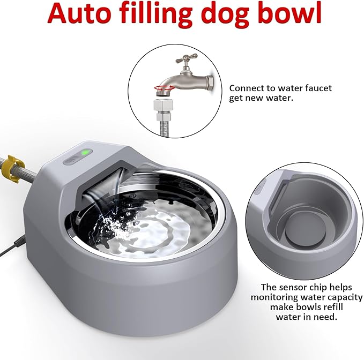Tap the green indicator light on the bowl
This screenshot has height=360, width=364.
tap(85, 153)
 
